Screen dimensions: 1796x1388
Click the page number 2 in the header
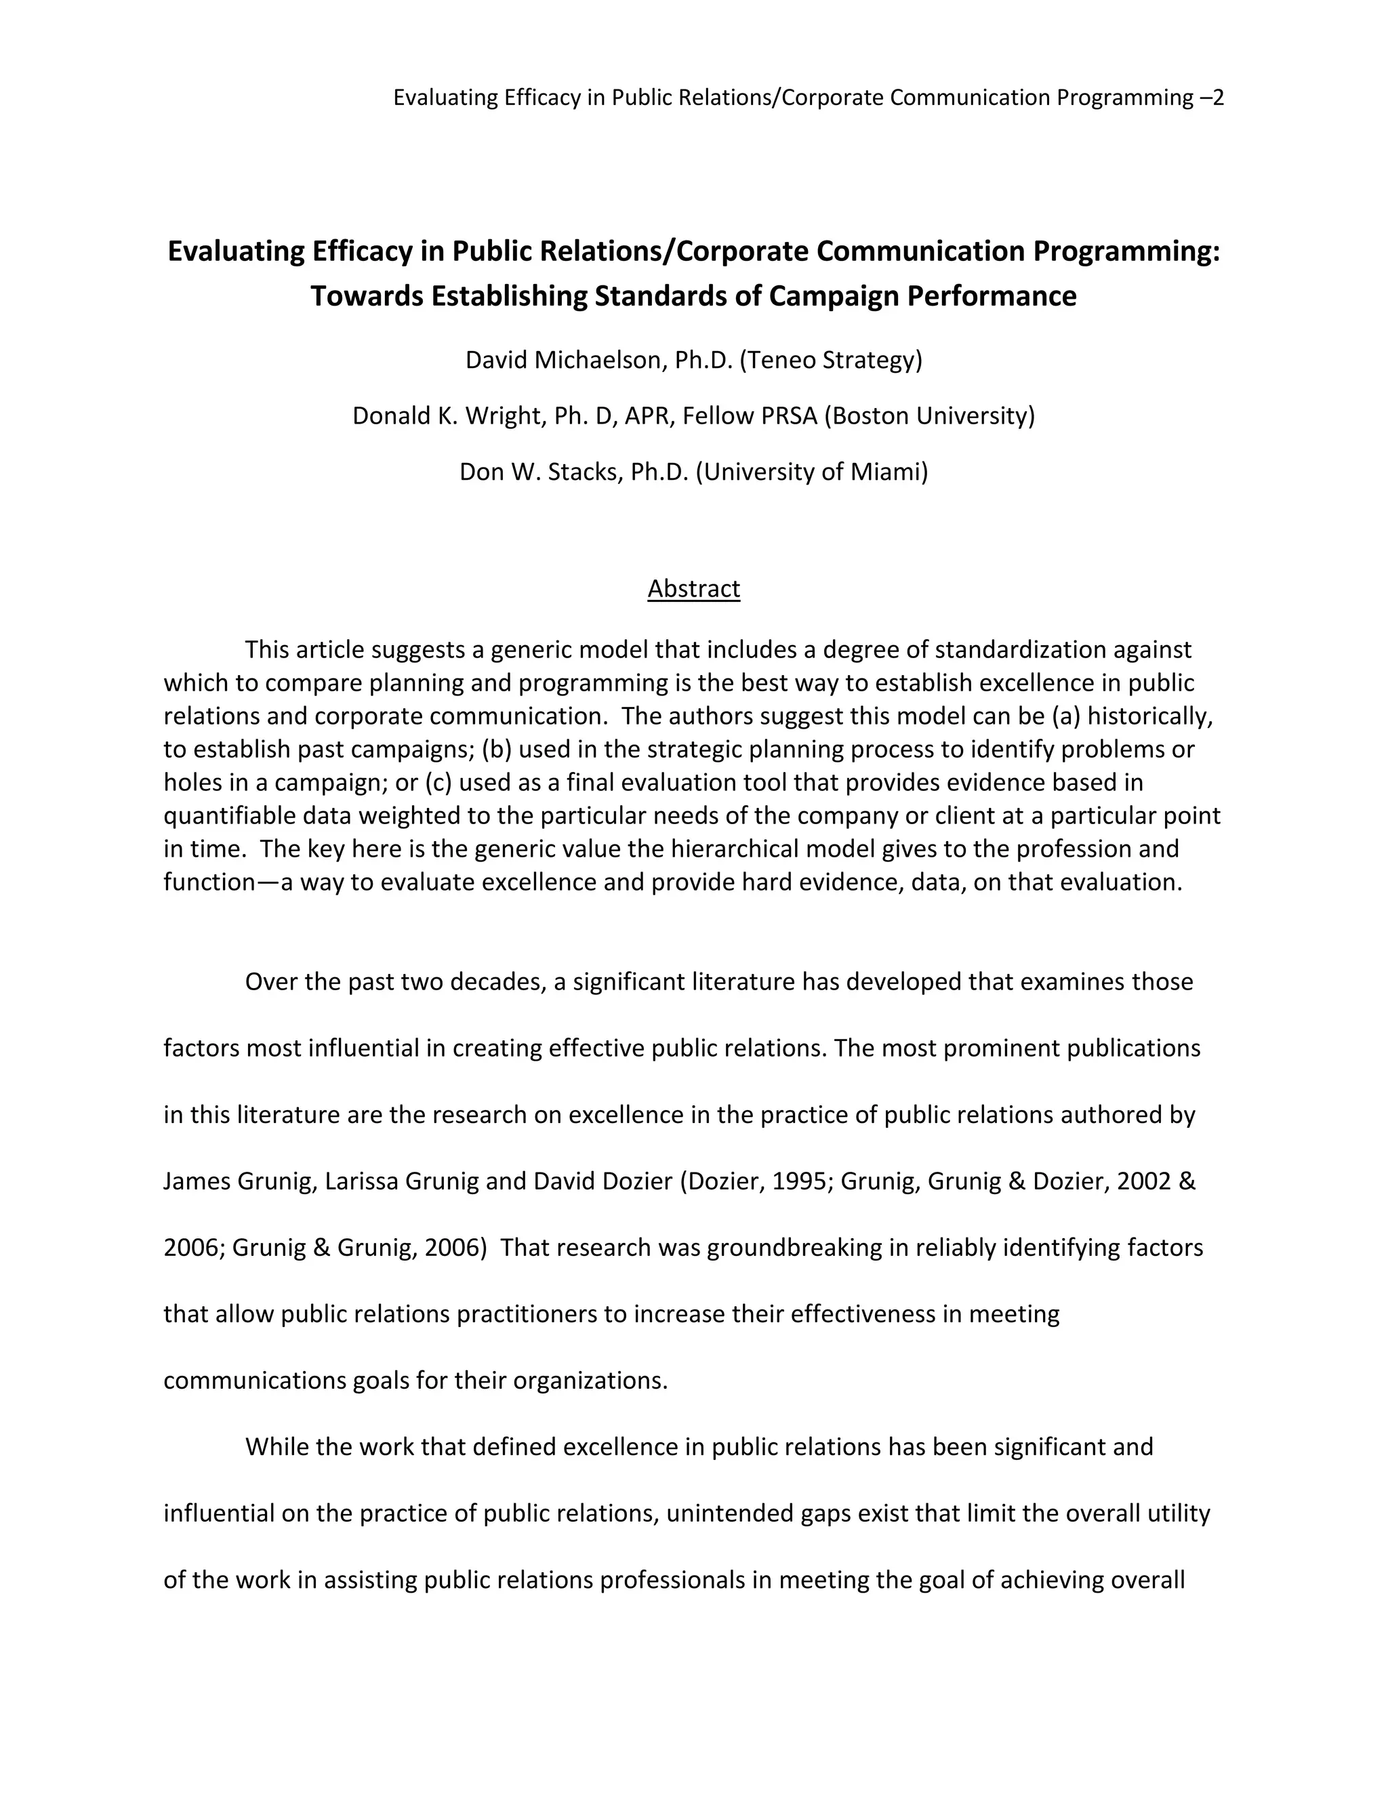click(1219, 98)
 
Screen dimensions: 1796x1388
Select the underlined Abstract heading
click(693, 589)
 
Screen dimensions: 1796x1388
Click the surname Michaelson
click(600, 360)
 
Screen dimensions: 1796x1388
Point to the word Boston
click(869, 416)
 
